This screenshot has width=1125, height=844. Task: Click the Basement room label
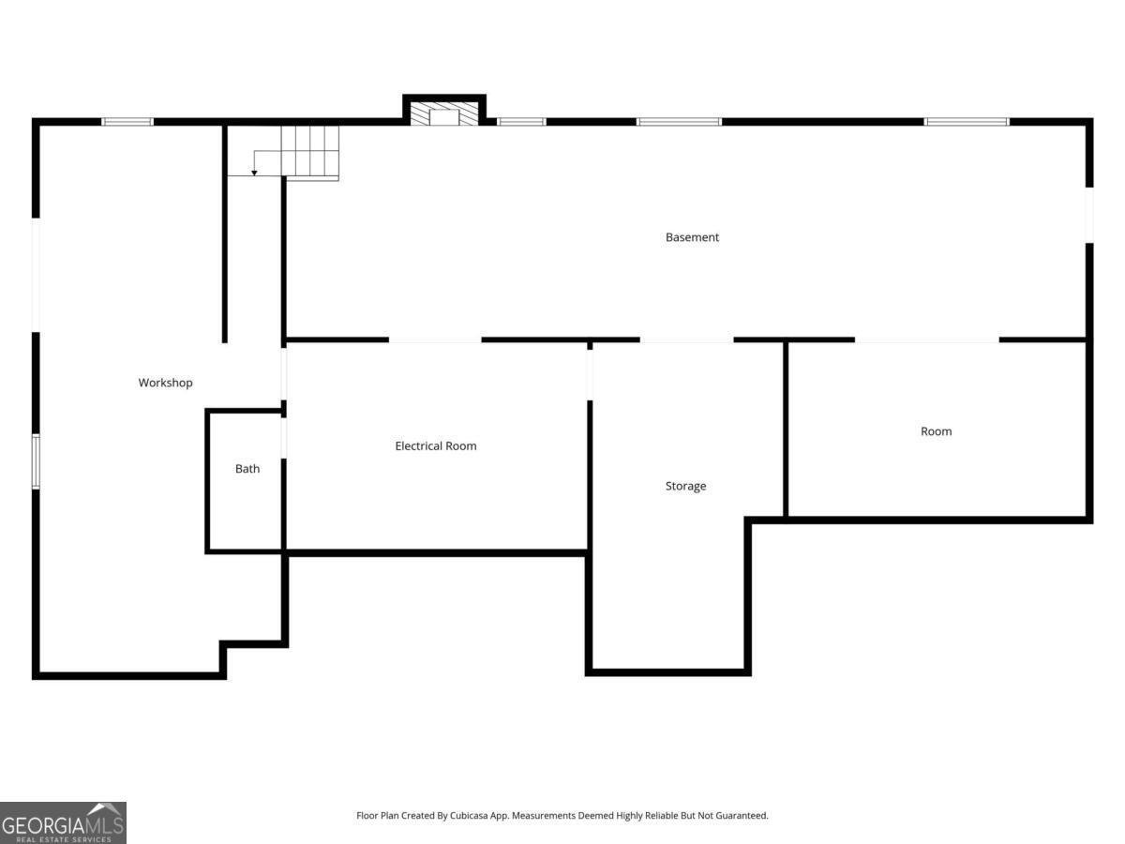[x=692, y=237]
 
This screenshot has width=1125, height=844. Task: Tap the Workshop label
[x=166, y=383]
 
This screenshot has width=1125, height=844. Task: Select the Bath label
[x=247, y=468]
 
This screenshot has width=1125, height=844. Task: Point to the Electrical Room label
[x=436, y=445]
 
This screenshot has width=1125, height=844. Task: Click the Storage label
[x=685, y=486]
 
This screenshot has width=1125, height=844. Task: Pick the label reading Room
[x=937, y=431]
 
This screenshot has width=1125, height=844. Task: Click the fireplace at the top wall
[x=444, y=113]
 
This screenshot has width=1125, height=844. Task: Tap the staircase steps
[x=309, y=153]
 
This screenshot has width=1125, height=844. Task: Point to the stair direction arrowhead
[x=254, y=173]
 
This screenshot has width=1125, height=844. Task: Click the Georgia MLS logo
[x=63, y=823]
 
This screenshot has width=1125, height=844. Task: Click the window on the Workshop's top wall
[x=127, y=122]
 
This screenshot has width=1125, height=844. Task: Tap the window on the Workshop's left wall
[x=36, y=461]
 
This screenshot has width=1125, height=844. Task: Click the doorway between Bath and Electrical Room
[x=284, y=438]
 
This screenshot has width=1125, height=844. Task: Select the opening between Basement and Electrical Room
[x=435, y=339]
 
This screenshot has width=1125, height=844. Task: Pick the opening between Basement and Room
[x=926, y=339]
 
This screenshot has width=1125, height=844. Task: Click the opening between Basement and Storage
[x=687, y=339]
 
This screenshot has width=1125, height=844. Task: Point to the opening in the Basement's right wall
[x=1089, y=216]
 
